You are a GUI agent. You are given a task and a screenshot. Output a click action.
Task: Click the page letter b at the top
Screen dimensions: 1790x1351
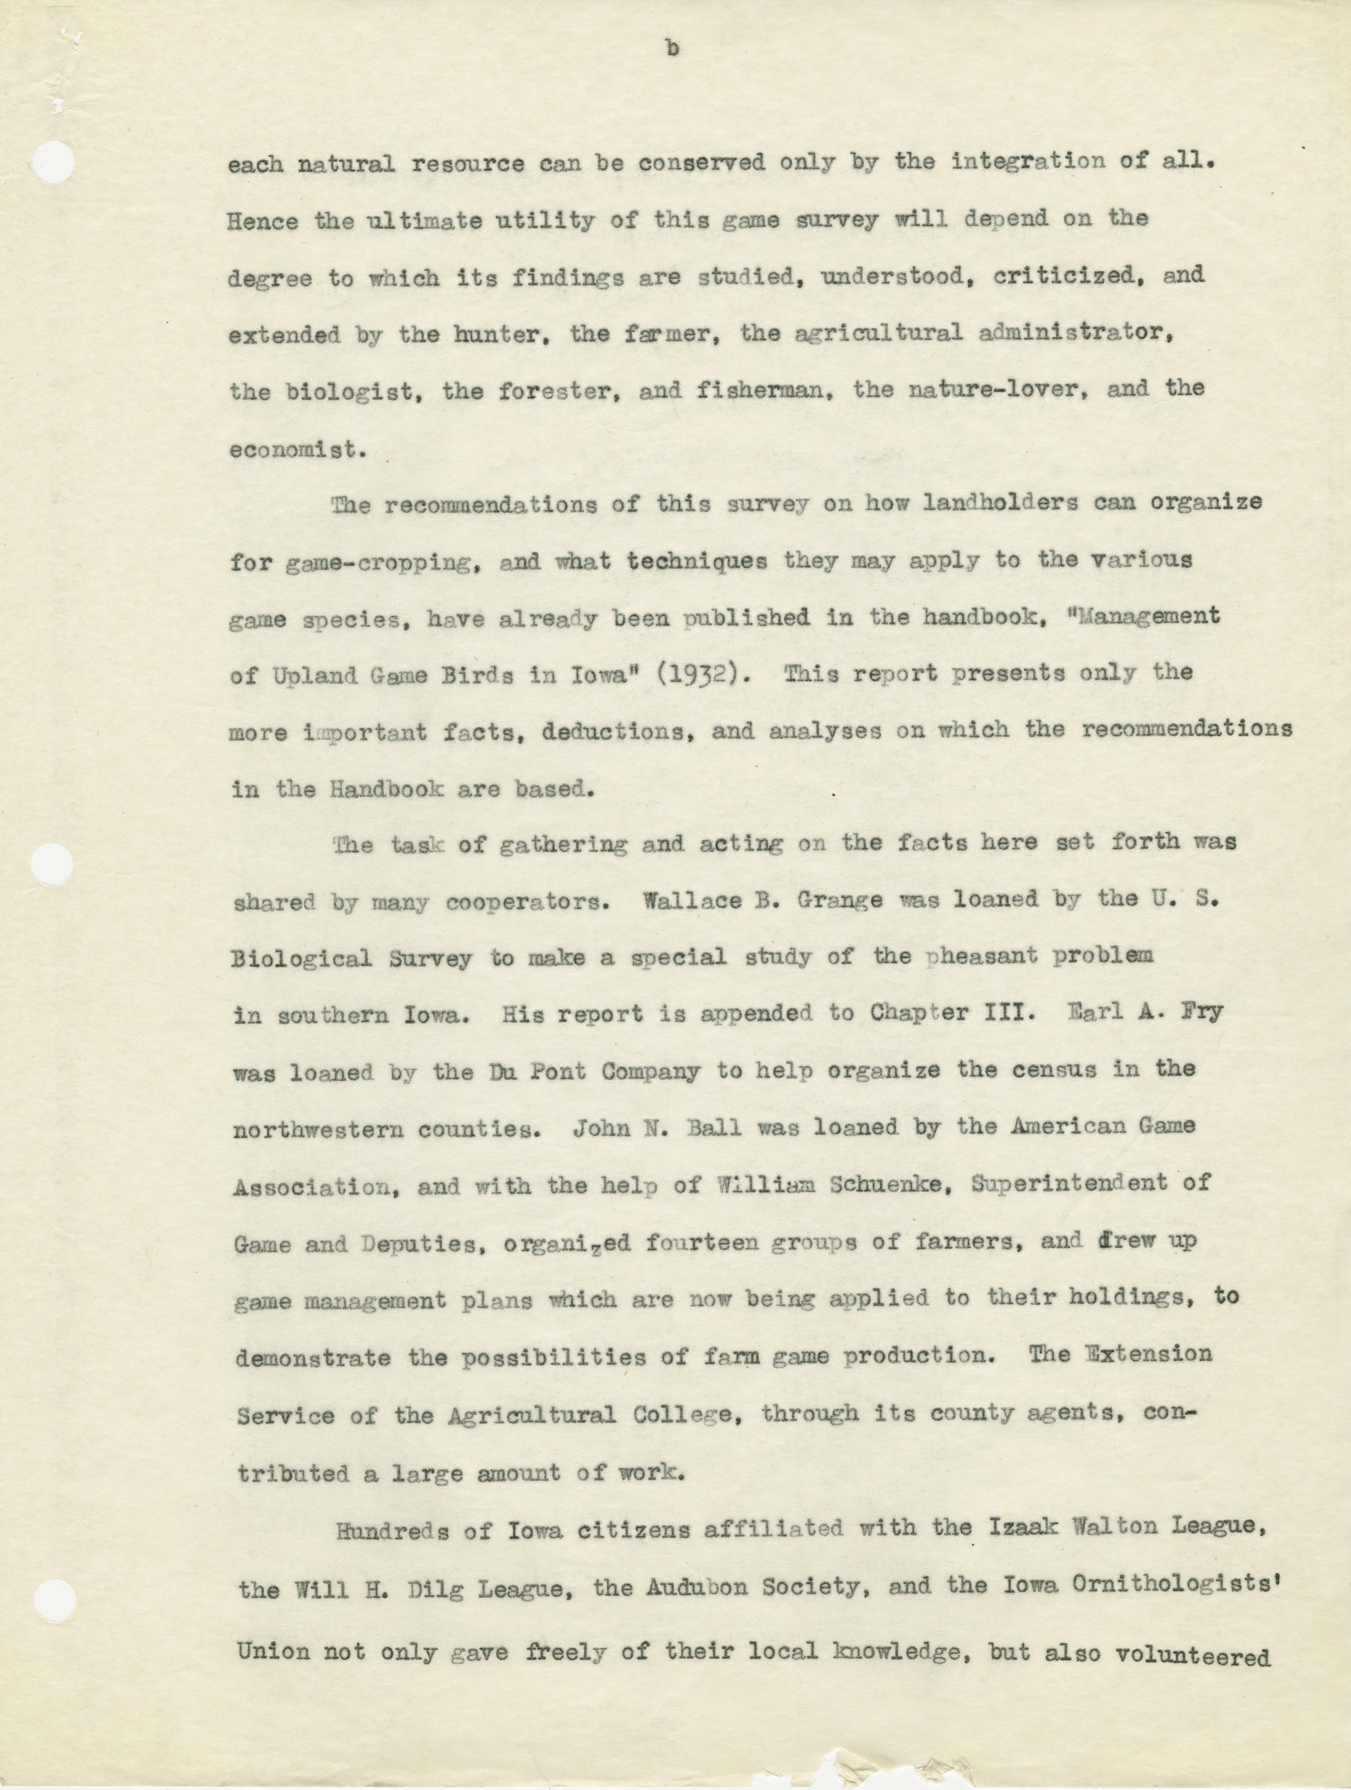pos(672,50)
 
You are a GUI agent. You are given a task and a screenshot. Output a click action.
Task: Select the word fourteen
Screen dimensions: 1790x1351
pos(703,1242)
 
